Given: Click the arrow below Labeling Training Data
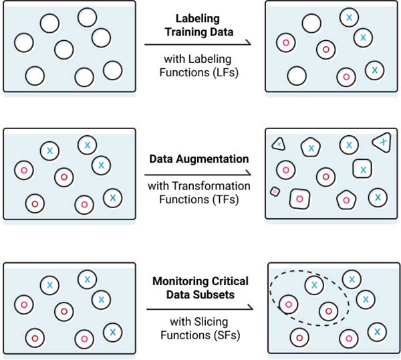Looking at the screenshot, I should click(198, 44).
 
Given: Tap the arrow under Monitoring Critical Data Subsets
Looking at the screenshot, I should click(198, 308).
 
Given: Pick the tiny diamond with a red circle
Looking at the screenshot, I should click(274, 191).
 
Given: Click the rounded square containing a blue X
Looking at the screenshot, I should click(362, 170).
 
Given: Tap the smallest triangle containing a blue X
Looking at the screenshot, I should click(278, 144).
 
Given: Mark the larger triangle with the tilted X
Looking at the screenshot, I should click(382, 142).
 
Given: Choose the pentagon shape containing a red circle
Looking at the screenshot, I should click(346, 199).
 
